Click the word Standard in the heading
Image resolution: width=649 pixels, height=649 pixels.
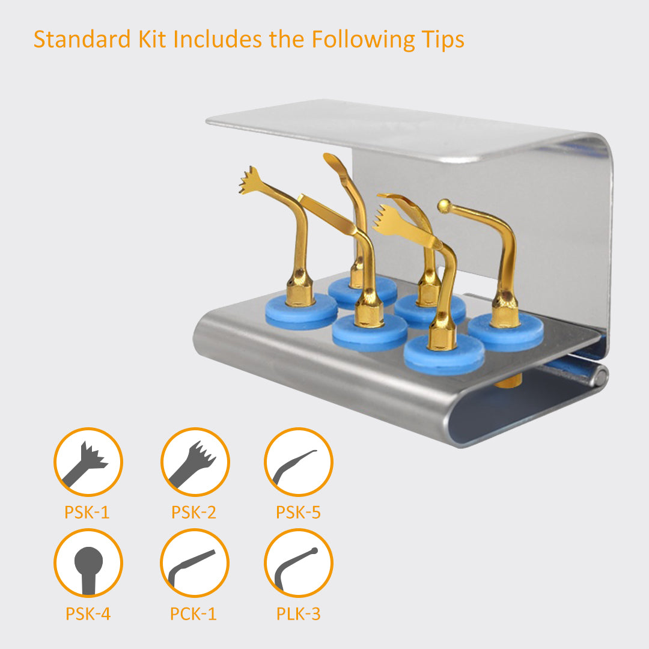point(82,39)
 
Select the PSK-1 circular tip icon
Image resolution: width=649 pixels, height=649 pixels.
point(88,462)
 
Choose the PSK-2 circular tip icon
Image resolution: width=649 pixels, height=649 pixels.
point(195,462)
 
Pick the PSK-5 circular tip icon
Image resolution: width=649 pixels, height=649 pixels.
point(299,462)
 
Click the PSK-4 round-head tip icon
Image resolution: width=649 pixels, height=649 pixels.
point(88,563)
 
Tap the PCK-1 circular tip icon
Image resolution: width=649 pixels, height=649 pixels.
point(195,563)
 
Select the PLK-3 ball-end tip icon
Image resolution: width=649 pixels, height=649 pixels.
point(299,563)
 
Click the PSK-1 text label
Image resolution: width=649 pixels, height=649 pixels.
point(87,513)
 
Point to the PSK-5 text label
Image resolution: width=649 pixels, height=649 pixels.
point(299,513)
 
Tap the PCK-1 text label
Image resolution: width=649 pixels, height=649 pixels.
point(193,614)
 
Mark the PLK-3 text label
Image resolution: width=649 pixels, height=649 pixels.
point(299,614)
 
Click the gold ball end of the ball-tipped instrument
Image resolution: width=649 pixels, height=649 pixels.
point(444,206)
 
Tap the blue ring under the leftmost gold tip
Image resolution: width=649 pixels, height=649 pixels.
point(301,311)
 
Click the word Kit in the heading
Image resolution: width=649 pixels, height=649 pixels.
point(152,39)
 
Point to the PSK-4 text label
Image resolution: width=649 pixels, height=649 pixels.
point(88,614)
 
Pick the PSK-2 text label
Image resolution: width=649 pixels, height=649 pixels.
point(193,513)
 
